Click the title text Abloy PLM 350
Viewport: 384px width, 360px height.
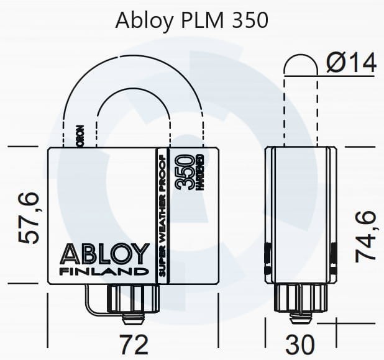191,20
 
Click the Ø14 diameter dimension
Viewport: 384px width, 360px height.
351,63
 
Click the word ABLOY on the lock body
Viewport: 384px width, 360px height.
104,254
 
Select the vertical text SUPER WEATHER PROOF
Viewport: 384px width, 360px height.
162,215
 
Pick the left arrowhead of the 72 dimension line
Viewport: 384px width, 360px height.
51,322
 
